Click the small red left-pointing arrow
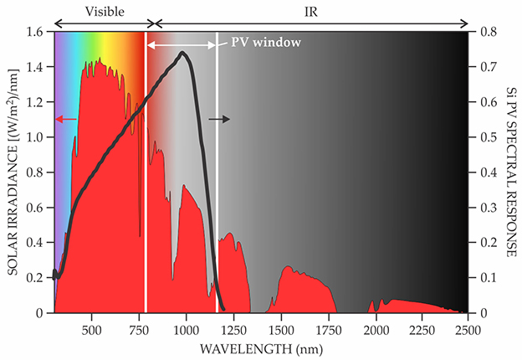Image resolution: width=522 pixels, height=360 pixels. (66, 120)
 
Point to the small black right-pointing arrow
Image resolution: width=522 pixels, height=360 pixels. (219, 120)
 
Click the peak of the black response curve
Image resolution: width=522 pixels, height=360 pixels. (182, 54)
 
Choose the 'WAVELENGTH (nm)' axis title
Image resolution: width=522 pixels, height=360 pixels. (262, 346)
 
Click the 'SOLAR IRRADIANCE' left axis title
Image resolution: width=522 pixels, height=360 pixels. (14, 172)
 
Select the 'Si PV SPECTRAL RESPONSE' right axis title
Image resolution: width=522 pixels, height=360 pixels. (509, 172)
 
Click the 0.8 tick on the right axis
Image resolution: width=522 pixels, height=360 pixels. (484, 32)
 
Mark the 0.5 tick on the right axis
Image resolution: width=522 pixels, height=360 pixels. (484, 137)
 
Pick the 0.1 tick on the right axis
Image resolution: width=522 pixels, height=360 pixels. (484, 278)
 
